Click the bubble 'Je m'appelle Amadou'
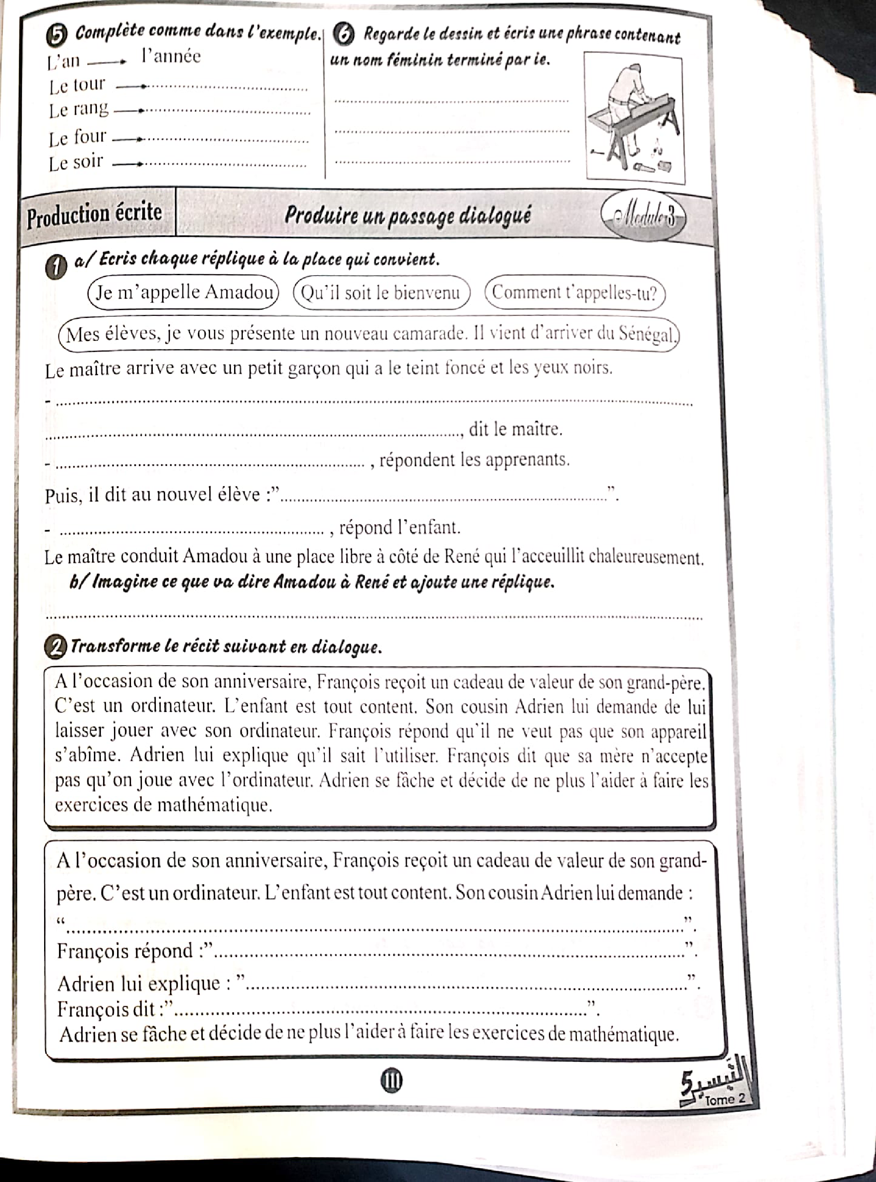click(183, 292)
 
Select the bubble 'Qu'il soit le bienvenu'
click(381, 293)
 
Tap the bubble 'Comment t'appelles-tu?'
click(574, 293)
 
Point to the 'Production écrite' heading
click(95, 214)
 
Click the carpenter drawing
click(634, 118)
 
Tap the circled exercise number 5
click(62, 35)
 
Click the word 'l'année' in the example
click(171, 56)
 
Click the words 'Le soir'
click(76, 162)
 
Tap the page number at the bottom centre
click(391, 1080)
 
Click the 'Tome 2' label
click(724, 1099)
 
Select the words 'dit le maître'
click(515, 429)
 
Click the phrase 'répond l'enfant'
click(399, 528)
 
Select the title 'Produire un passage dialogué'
click(407, 216)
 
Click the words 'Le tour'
click(77, 85)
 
